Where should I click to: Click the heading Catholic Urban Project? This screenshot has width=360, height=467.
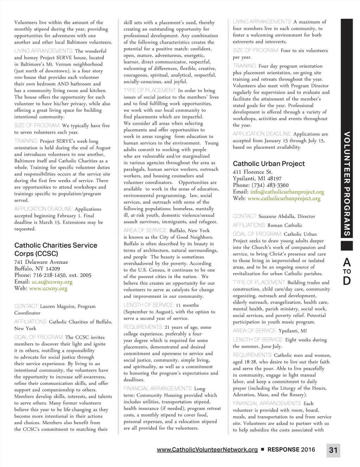tap(269, 164)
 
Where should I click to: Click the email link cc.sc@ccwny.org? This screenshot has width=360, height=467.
tap(52, 282)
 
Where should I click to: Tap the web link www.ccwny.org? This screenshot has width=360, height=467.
tap(48, 288)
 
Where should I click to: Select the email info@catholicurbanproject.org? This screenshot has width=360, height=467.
tap(287, 192)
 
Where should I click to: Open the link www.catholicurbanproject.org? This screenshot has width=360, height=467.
tap(284, 199)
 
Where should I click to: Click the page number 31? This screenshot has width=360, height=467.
tap(333, 450)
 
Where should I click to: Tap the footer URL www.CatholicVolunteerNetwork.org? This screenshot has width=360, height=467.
tap(207, 449)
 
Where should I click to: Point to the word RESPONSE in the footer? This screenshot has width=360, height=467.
tap(283, 449)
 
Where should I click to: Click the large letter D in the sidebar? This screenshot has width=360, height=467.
tap(347, 281)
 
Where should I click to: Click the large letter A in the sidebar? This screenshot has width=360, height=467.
tap(347, 262)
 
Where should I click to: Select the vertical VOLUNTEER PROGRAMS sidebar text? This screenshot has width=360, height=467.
tap(347, 183)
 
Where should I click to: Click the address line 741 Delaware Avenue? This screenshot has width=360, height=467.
tap(41, 262)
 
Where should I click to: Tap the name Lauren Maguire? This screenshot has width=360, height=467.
tap(57, 306)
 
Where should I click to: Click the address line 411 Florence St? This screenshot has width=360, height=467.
tap(252, 172)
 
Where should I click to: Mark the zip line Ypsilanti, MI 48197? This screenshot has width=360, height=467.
tap(257, 179)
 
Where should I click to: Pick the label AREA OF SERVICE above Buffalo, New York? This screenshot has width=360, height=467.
tap(146, 231)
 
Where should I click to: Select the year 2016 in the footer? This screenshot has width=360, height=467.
tap(308, 449)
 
